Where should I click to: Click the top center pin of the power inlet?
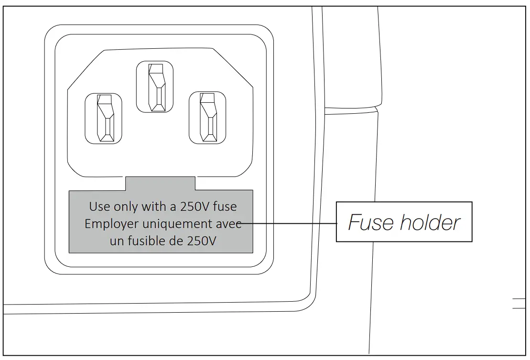155,87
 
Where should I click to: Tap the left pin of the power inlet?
103,118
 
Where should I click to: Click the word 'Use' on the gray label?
99,207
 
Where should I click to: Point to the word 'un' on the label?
117,240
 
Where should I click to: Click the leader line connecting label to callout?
292,223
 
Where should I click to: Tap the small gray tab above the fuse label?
161,184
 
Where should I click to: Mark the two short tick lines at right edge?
519,304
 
